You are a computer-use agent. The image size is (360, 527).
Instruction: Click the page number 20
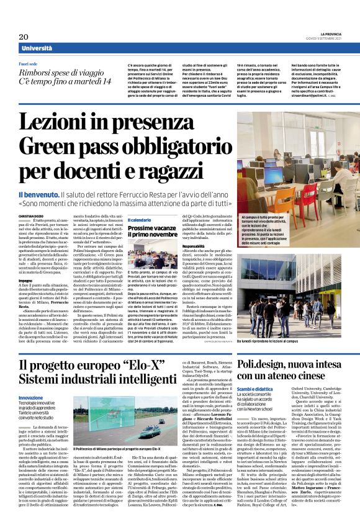pyautogui.click(x=24, y=37)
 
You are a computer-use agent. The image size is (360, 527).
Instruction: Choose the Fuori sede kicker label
pyautogui.click(x=32, y=64)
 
